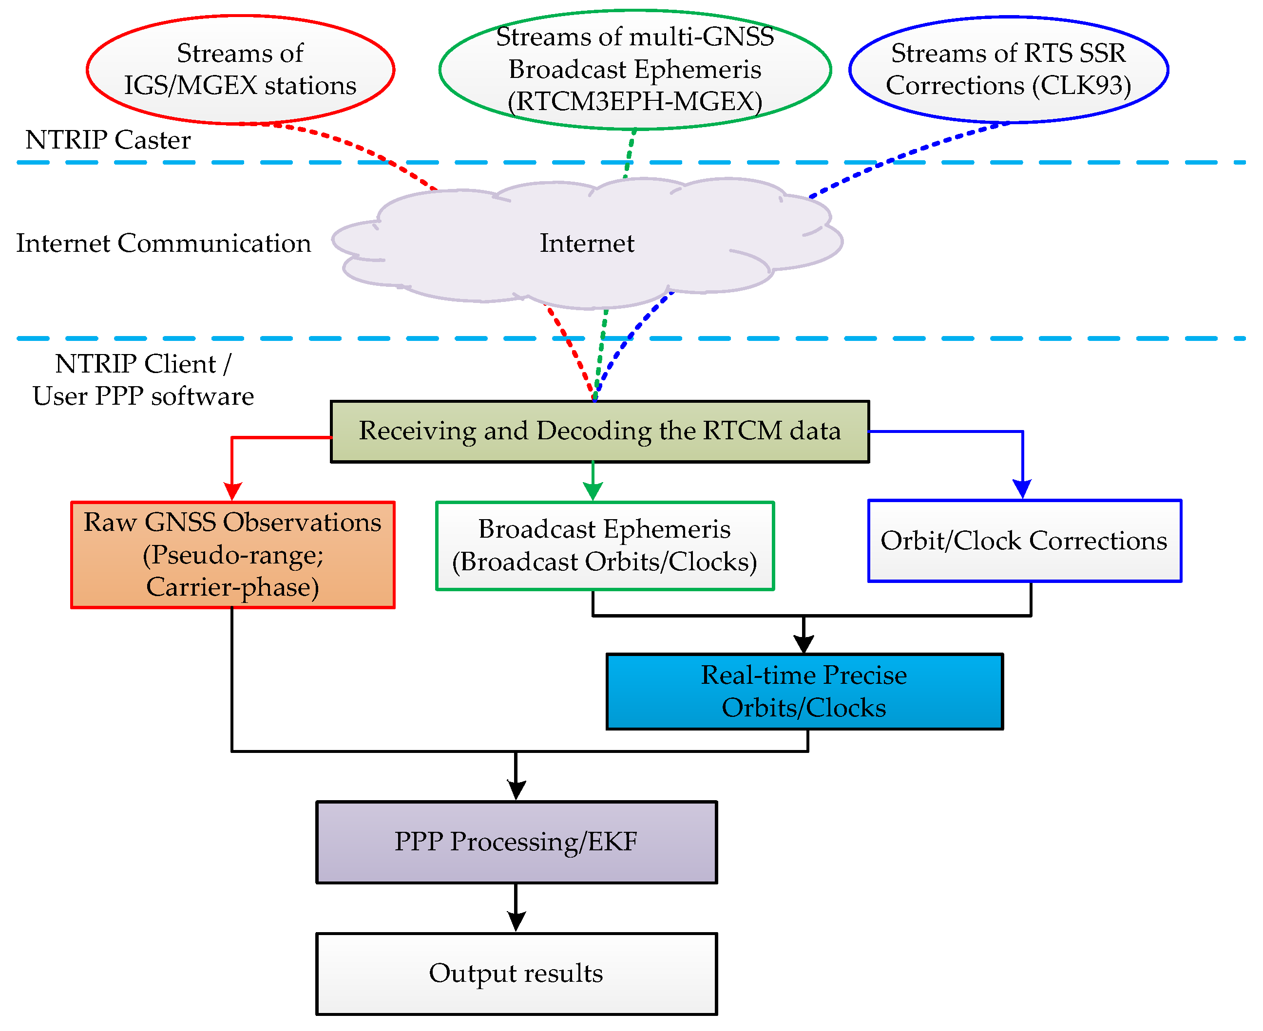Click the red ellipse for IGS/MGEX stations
[x=240, y=70]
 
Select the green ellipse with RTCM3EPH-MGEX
[x=634, y=70]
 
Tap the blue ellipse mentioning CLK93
[x=1008, y=70]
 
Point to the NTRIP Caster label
[x=108, y=140]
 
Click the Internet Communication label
[x=163, y=244]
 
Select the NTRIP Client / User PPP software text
[x=143, y=380]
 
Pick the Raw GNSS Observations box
[x=232, y=555]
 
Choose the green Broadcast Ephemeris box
[x=604, y=546]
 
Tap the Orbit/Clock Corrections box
[x=1024, y=541]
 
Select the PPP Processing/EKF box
[x=516, y=842]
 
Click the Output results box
[x=516, y=974]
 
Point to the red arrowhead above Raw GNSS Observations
[x=232, y=492]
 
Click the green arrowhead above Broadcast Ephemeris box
[x=593, y=492]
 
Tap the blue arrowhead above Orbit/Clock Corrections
[x=1022, y=490]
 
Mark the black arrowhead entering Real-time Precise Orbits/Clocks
[x=804, y=644]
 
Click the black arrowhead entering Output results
[x=516, y=922]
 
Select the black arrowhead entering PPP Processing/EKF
[x=516, y=790]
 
